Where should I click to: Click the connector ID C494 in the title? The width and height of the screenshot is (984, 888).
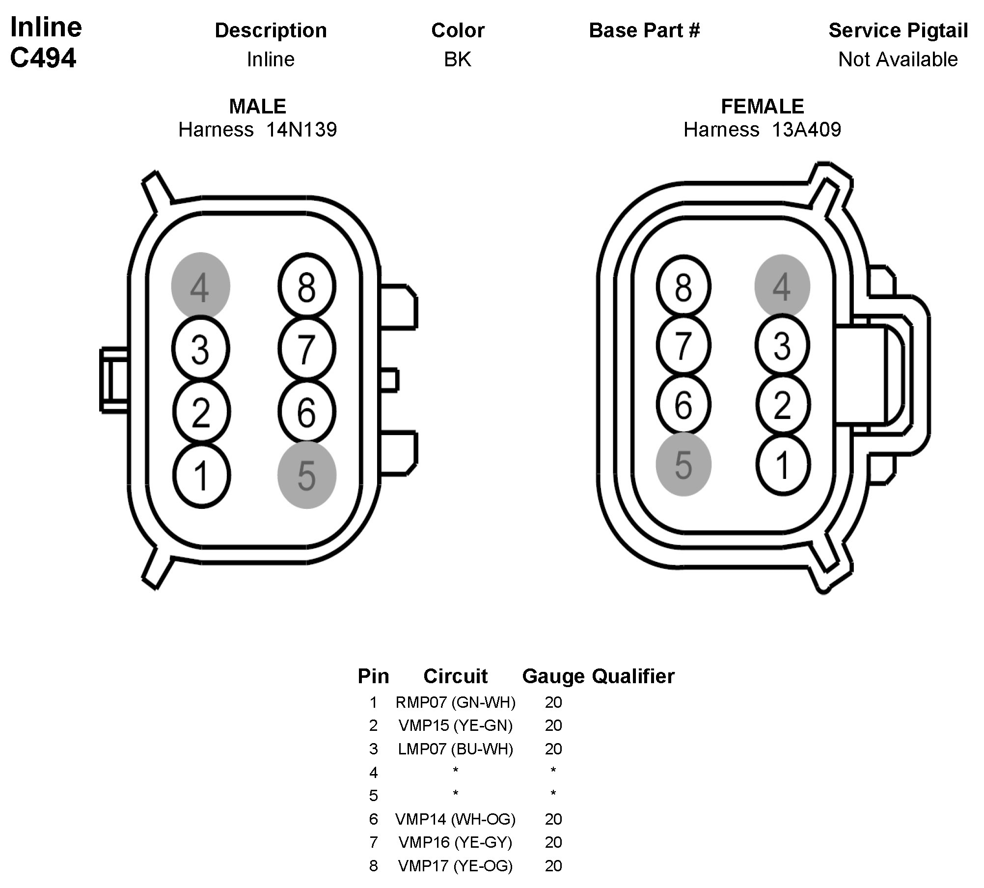click(43, 58)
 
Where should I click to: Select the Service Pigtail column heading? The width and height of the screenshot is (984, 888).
click(898, 30)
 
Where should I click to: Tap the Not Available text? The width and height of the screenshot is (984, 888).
click(898, 59)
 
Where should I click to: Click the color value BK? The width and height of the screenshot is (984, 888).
click(458, 59)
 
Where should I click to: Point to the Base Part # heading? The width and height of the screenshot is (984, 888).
click(644, 30)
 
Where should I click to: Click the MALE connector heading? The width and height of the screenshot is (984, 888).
click(257, 106)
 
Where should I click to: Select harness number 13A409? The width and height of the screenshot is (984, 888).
click(806, 130)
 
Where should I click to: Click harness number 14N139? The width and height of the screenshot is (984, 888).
click(301, 130)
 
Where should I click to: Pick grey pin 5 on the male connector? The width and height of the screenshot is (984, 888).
click(307, 475)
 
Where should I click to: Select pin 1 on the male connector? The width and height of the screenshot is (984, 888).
click(201, 475)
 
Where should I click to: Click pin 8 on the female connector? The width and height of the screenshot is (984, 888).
click(683, 286)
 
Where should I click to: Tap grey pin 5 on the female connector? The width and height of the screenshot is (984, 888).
click(683, 464)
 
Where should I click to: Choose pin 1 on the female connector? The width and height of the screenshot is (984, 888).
click(783, 464)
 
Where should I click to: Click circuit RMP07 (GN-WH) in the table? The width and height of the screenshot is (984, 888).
click(455, 702)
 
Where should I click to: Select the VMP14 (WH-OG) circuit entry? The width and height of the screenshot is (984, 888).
click(455, 819)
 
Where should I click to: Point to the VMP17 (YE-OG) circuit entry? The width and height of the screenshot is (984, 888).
click(455, 865)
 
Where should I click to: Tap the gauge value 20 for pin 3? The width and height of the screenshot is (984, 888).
click(553, 749)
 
